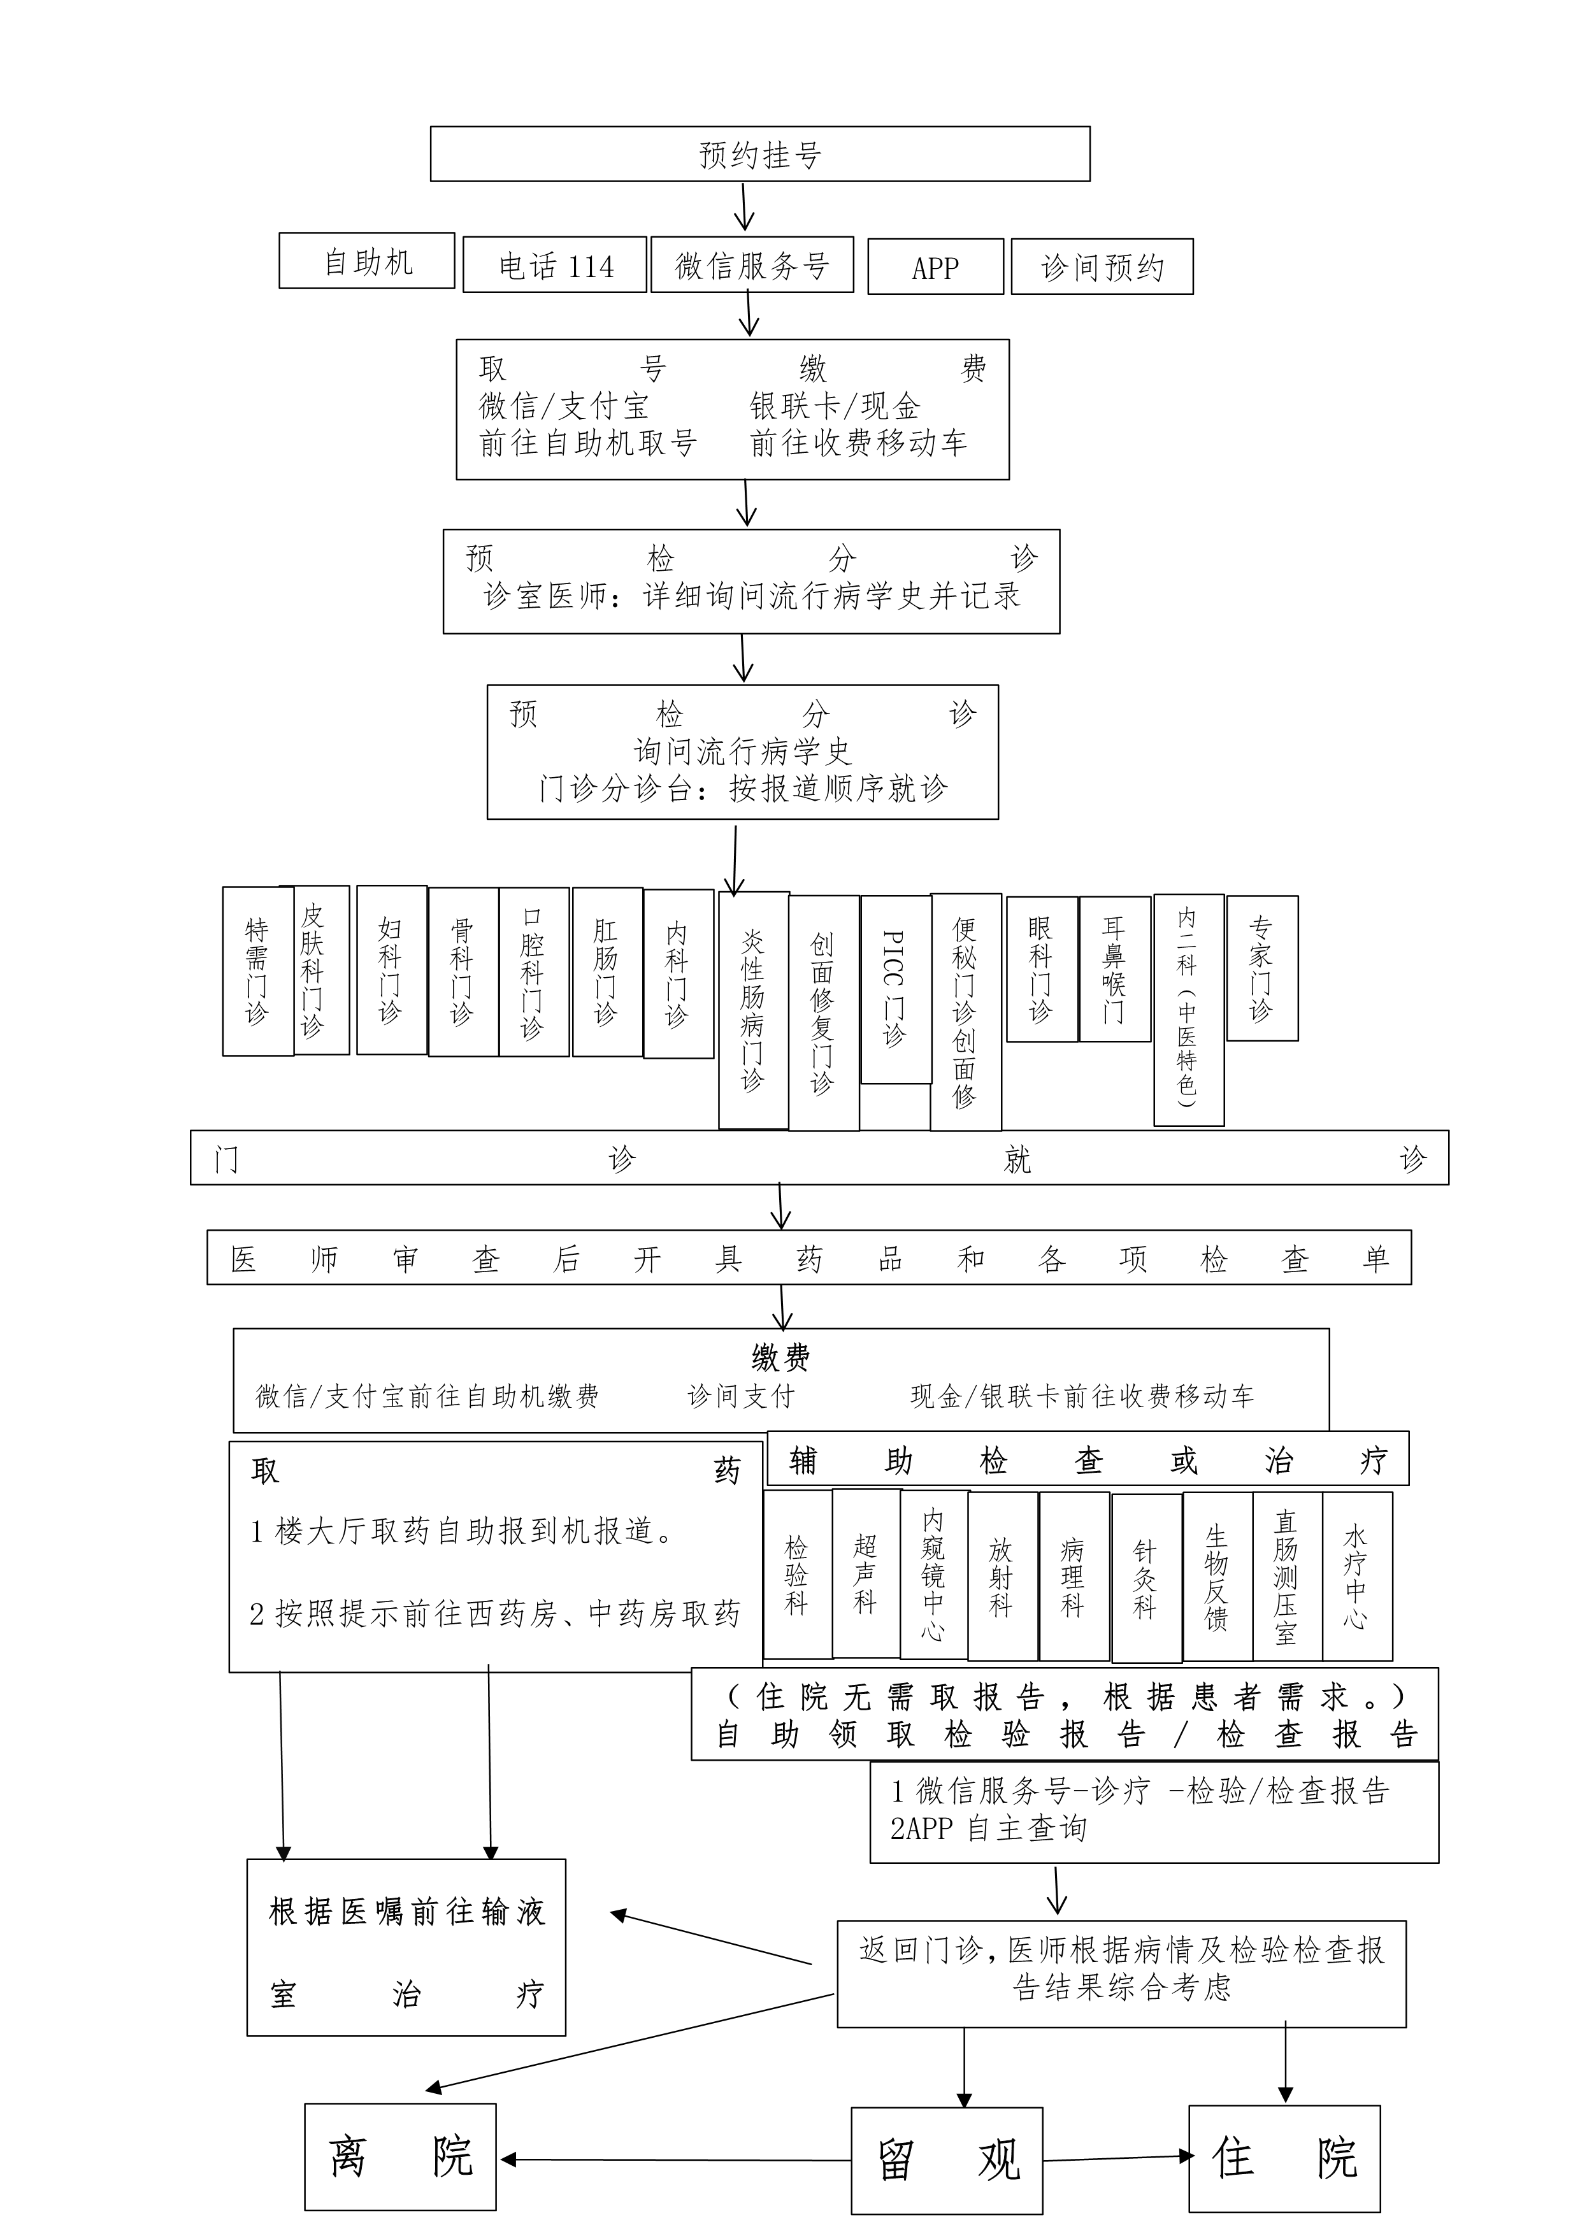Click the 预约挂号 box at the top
pyautogui.click(x=760, y=154)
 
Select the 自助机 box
pyautogui.click(x=367, y=261)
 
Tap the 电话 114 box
pyautogui.click(x=554, y=264)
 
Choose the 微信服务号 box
pyautogui.click(x=752, y=264)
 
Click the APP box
pyautogui.click(x=935, y=267)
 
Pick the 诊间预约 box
pyautogui.click(x=1102, y=267)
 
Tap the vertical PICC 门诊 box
pyautogui.click(x=896, y=989)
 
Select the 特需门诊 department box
pyautogui.click(x=258, y=971)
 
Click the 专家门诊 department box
pyautogui.click(x=1262, y=968)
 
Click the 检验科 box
pyautogui.click(x=798, y=1575)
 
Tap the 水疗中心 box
pyautogui.click(x=1357, y=1576)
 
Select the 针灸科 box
pyautogui.click(x=1147, y=1579)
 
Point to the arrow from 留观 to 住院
pyautogui.click(x=1116, y=2158)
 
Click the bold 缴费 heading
pyautogui.click(x=780, y=1357)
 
